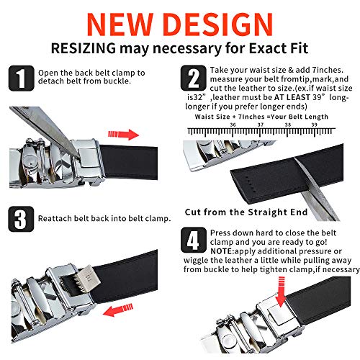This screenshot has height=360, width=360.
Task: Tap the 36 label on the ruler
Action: pos(233,123)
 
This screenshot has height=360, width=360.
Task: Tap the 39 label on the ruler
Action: pos(314,123)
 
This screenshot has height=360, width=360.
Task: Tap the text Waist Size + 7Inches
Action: pos(228,115)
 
